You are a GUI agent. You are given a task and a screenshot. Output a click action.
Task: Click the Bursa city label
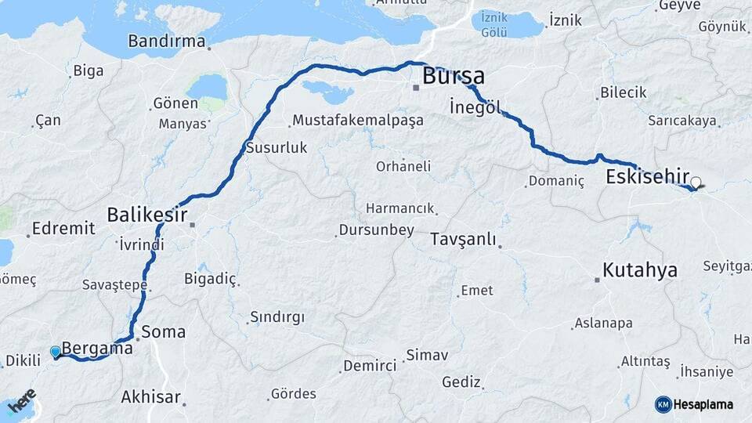click(x=453, y=77)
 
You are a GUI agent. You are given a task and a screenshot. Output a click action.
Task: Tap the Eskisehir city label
click(x=647, y=177)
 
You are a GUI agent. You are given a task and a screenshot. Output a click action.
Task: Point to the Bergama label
click(x=96, y=349)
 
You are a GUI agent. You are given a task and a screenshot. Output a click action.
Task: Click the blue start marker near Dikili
click(x=56, y=352)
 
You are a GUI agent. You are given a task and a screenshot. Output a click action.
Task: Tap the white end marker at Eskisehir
click(x=696, y=183)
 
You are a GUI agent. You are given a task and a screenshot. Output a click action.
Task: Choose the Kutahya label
click(x=639, y=271)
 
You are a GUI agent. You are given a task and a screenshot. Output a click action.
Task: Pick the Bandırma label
click(x=166, y=41)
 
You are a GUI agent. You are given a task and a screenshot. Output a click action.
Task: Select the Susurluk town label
click(x=277, y=147)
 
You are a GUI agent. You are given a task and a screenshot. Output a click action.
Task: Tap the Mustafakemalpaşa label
click(x=357, y=121)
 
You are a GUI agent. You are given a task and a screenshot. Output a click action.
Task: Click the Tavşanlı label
click(x=463, y=240)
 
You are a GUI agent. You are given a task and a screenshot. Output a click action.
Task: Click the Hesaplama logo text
click(x=703, y=404)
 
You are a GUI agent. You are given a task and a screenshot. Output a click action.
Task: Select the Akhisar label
click(x=150, y=397)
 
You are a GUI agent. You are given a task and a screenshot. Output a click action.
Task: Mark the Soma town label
click(x=164, y=331)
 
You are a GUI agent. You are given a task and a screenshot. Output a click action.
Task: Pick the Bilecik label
click(x=623, y=92)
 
